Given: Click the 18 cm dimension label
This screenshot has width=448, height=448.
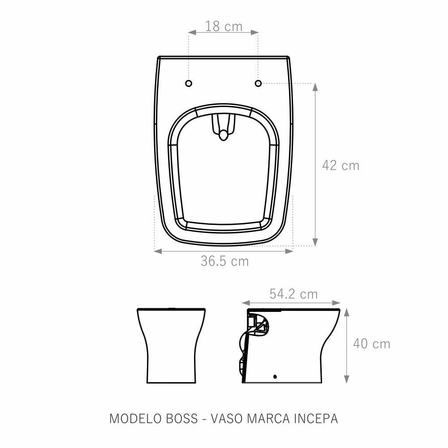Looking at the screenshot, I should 224,26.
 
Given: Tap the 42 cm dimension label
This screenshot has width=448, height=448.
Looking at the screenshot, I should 340,165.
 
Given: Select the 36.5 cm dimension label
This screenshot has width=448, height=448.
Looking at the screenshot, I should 224,261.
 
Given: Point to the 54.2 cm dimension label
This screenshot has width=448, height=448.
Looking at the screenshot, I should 293,294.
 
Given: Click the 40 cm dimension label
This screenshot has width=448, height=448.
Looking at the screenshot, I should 371,344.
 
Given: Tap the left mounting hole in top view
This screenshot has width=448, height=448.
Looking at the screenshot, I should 189,83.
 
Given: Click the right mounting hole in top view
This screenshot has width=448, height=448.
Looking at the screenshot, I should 258,83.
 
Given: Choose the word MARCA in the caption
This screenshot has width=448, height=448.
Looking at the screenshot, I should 266,418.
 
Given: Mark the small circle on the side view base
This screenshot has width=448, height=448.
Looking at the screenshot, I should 275,377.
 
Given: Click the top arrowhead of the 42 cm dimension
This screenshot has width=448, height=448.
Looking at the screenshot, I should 315,86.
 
